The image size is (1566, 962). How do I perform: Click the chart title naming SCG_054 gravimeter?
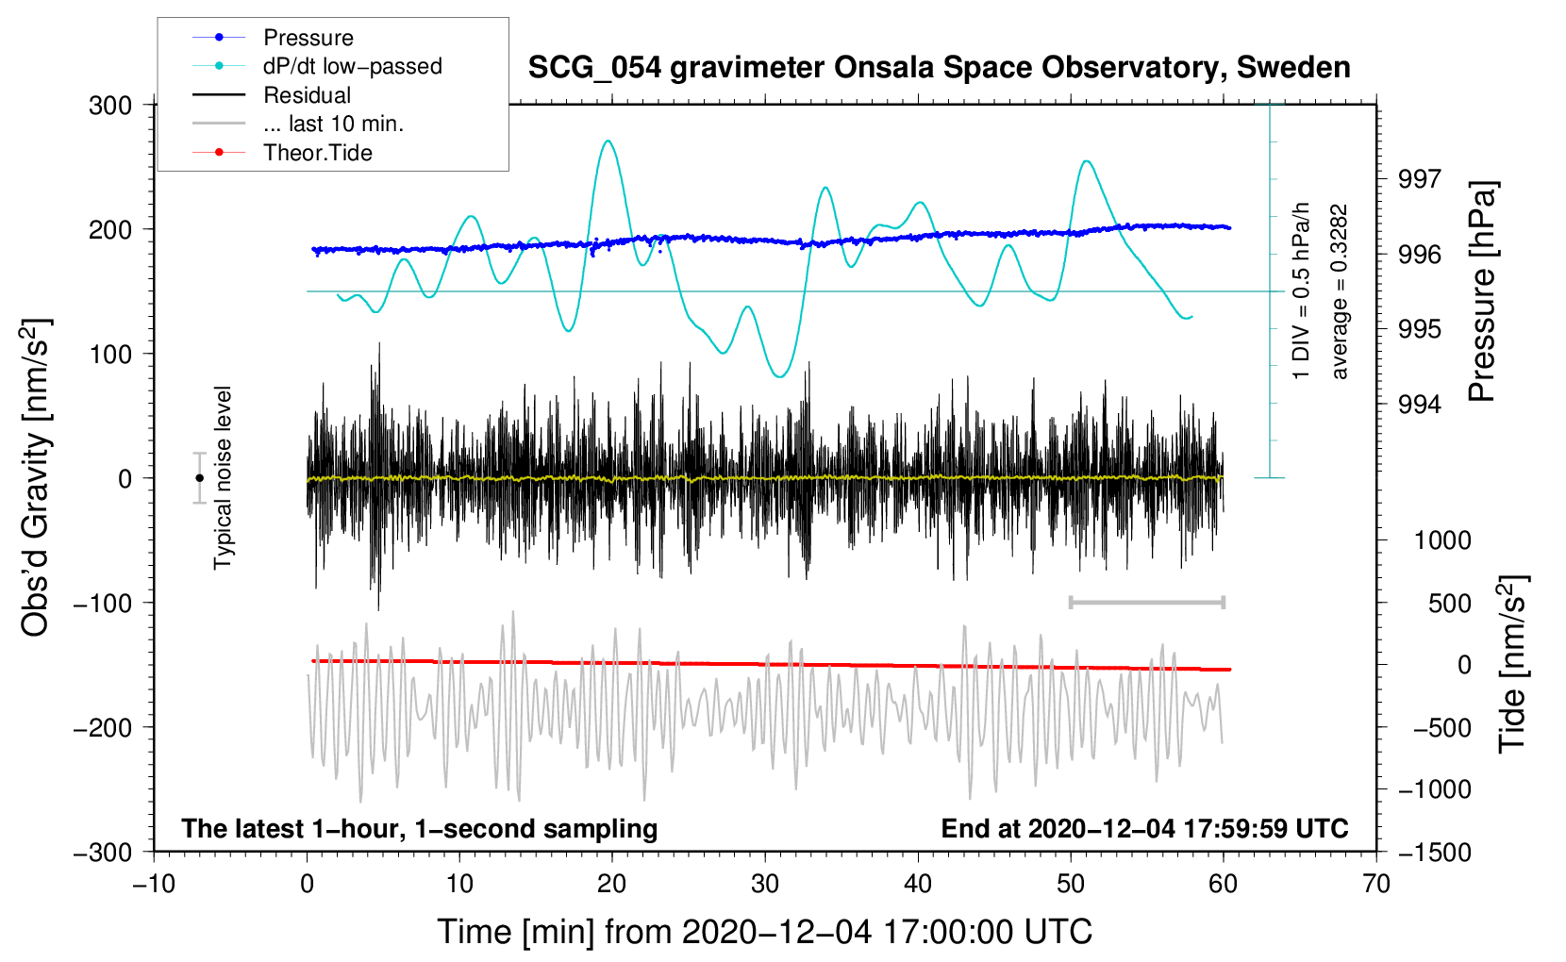click(x=939, y=68)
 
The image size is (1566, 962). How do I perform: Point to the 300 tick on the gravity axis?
click(x=110, y=106)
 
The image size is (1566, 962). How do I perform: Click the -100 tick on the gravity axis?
click(x=103, y=603)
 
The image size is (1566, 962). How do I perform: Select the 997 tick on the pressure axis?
click(x=1419, y=179)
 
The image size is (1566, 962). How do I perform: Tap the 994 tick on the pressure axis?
click(x=1419, y=404)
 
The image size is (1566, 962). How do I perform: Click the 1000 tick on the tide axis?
click(x=1443, y=539)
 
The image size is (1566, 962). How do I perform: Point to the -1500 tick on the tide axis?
click(x=1435, y=853)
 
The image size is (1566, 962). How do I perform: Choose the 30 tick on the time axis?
click(x=765, y=884)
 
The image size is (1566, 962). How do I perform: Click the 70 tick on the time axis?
click(x=1375, y=884)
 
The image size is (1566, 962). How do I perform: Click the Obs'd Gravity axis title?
click(x=36, y=477)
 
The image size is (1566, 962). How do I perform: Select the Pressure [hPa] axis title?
click(x=1481, y=291)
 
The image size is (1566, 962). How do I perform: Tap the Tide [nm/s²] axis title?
click(x=1512, y=664)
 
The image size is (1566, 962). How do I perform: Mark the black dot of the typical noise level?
click(x=199, y=478)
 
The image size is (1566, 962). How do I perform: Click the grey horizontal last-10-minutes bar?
click(x=1146, y=602)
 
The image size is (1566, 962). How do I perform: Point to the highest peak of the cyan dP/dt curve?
click(x=608, y=141)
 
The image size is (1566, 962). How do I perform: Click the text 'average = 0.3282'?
click(x=1339, y=291)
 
